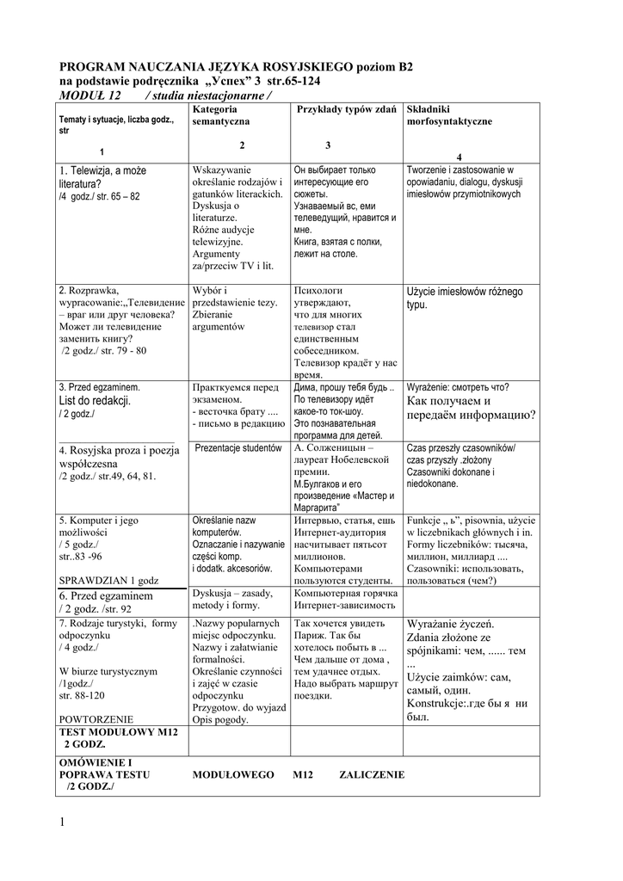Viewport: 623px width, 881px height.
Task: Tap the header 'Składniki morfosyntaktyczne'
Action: coord(449,116)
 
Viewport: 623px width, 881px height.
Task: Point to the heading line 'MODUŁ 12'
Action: coord(89,95)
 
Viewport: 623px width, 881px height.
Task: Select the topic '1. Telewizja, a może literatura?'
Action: coord(102,177)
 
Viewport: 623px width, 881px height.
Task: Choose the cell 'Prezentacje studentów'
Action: coord(238,448)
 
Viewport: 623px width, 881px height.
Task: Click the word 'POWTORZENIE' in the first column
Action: coord(96,718)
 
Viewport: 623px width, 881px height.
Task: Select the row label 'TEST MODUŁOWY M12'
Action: coord(118,731)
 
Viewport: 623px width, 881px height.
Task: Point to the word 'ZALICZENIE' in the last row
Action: coord(371,774)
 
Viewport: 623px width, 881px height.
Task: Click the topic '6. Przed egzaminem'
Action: coord(106,596)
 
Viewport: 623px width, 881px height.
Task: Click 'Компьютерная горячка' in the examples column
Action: coord(345,594)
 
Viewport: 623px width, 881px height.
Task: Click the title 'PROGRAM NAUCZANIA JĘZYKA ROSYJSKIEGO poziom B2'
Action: coord(236,65)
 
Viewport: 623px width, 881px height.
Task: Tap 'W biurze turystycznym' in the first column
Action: coord(108,670)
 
